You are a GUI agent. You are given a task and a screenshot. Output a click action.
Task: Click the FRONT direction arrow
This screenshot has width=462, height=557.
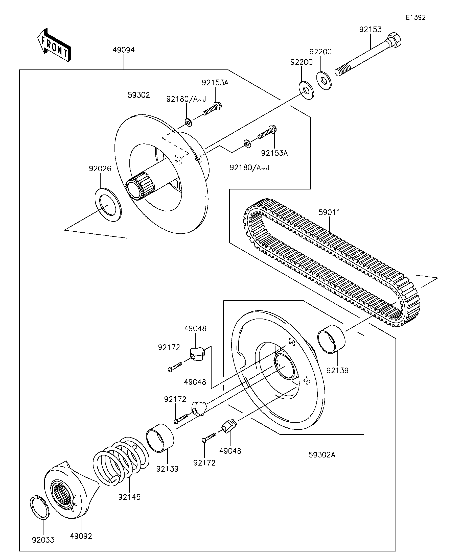pos(54,45)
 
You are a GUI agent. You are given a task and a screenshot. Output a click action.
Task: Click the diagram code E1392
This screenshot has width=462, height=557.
pos(415,17)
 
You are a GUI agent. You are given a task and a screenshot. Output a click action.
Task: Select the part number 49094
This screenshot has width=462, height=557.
pos(124,50)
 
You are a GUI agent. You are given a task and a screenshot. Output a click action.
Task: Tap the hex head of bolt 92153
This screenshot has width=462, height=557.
pos(394,41)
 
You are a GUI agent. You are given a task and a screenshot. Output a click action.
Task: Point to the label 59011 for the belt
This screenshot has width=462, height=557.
pos(329,212)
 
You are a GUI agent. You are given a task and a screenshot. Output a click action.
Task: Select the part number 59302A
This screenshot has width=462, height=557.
pos(322,455)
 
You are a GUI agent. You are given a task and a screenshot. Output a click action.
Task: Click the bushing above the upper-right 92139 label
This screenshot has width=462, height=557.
pos(331,339)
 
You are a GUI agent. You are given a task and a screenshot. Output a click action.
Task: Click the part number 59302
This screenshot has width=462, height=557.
pos(139,95)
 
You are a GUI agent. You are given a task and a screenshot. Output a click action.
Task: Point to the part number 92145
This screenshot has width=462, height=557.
pos(129,497)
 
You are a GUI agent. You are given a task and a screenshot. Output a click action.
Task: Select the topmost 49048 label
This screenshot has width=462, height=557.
pos(195,328)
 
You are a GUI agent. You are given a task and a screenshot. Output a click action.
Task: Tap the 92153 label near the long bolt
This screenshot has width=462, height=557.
pos(371,29)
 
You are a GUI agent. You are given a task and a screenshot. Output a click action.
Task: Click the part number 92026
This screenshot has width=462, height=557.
pos(100,168)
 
